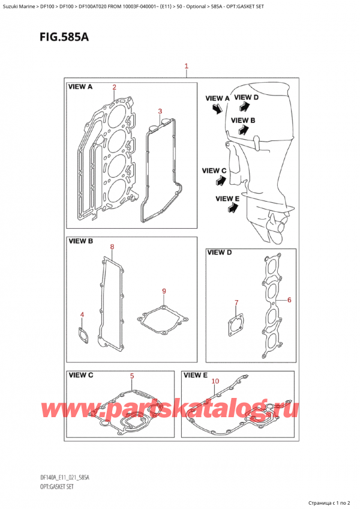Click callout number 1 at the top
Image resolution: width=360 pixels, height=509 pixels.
tap(187, 66)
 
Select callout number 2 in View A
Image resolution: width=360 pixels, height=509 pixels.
tap(114, 87)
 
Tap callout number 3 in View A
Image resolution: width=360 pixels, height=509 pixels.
tap(160, 111)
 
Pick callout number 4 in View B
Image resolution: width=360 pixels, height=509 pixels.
tap(82, 315)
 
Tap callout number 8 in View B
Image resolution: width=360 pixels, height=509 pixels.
tap(112, 247)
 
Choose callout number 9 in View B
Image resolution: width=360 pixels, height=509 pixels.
tap(163, 292)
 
